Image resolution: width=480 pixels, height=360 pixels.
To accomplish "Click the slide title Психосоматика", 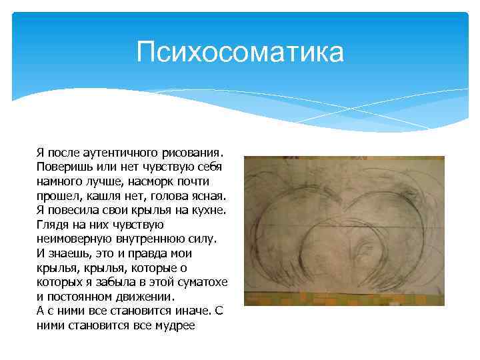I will (x=240, y=52).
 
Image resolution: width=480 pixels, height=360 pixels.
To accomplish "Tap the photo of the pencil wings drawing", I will (x=344, y=231).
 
